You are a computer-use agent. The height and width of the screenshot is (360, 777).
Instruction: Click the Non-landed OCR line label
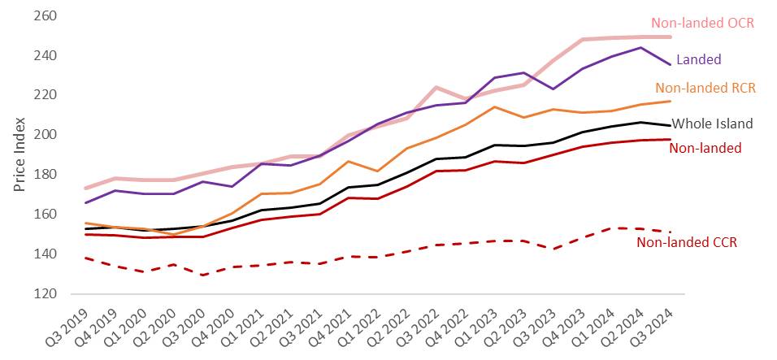[703, 23]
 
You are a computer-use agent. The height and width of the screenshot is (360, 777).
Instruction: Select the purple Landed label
[698, 59]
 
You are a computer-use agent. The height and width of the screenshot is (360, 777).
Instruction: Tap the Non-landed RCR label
[702, 88]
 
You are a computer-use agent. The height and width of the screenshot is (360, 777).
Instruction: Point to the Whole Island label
[713, 124]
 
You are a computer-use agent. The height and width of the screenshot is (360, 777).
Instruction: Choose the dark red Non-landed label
[705, 148]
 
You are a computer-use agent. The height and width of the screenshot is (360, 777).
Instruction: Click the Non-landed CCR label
[687, 242]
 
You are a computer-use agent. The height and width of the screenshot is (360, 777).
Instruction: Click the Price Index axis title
[20, 155]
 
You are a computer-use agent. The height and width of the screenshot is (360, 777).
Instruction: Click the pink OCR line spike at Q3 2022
[436, 87]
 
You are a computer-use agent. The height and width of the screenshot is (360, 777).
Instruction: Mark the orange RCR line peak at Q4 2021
[347, 161]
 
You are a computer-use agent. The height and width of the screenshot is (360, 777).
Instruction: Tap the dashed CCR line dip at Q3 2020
[202, 275]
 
